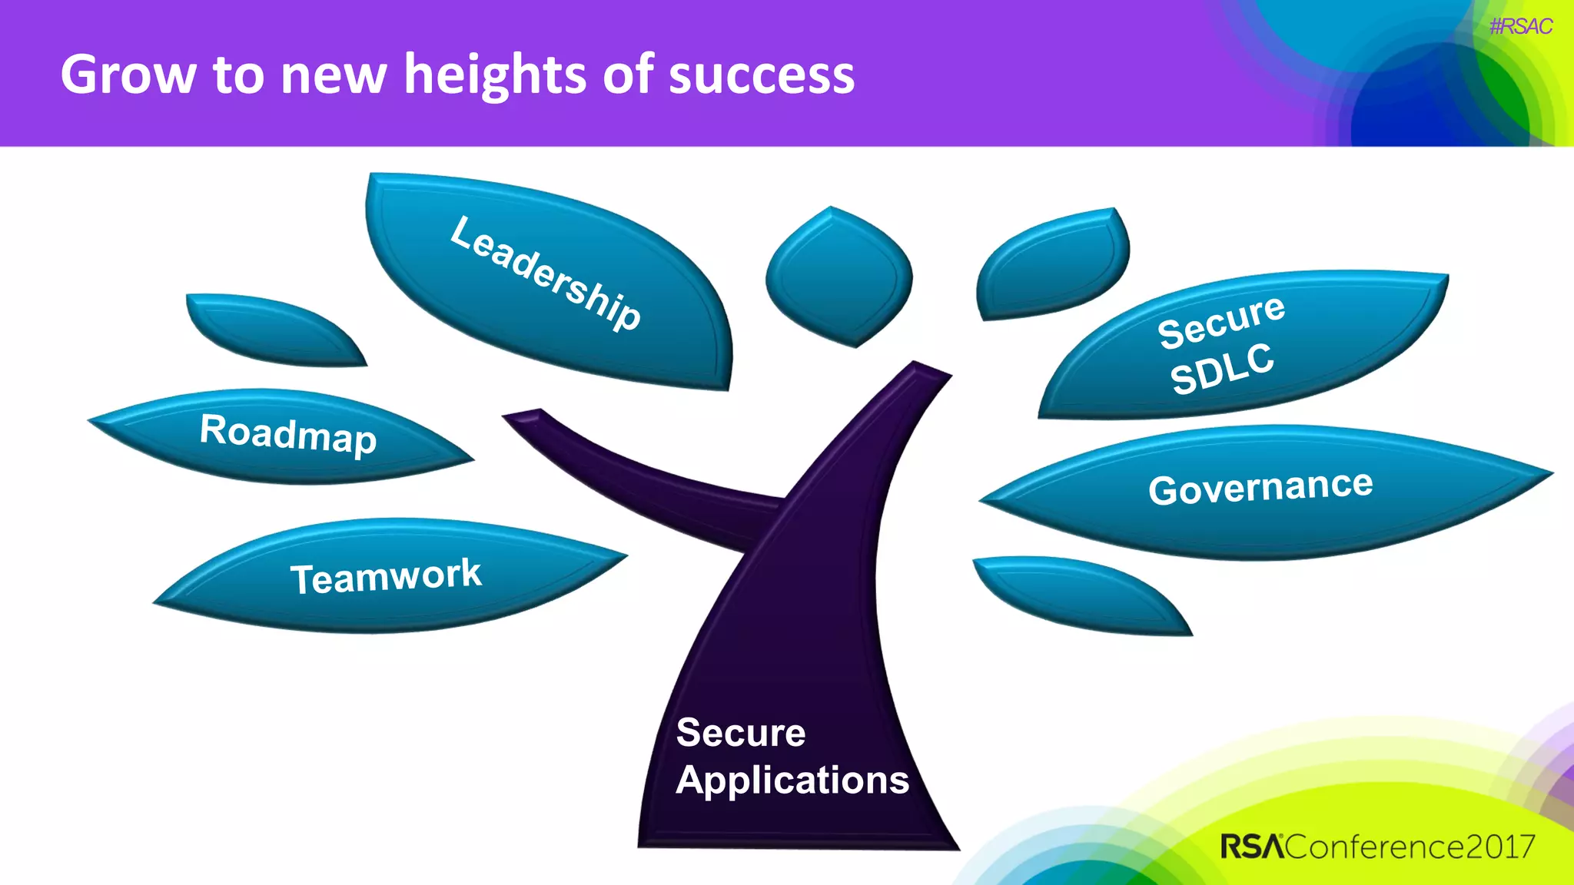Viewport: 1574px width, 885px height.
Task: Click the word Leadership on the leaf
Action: click(x=545, y=273)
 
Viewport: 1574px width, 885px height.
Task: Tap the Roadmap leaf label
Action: click(x=288, y=434)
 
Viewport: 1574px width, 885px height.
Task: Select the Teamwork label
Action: click(x=386, y=576)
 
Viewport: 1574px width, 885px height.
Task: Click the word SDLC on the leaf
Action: click(x=1222, y=369)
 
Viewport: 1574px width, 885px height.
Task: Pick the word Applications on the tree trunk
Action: click(x=792, y=781)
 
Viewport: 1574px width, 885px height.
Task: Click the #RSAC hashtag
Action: click(x=1520, y=27)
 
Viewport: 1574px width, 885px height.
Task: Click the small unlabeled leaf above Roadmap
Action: click(x=273, y=330)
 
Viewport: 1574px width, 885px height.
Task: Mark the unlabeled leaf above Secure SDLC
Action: click(x=1053, y=265)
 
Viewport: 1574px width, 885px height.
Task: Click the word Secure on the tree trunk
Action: click(x=741, y=733)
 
